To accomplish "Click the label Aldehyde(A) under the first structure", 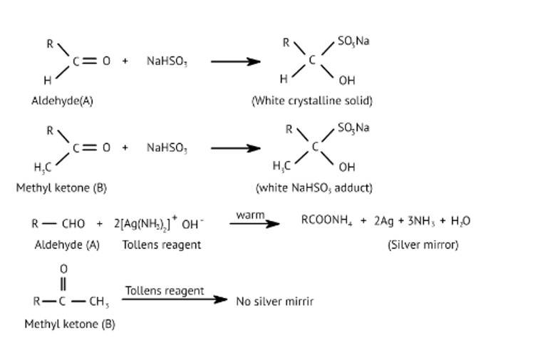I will pos(62,101).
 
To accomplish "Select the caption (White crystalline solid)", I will pos(311,101).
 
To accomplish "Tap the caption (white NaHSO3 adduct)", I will pos(314,188).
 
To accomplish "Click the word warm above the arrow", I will pos(250,214).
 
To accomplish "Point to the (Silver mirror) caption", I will pos(423,245).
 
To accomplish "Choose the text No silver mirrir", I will pos(274,301).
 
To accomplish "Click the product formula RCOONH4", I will pos(327,221).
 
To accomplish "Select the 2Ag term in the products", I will pos(385,221).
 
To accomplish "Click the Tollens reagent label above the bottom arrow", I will pos(165,291).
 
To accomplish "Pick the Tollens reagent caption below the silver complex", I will pos(161,245).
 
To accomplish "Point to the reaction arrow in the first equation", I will pos(235,62).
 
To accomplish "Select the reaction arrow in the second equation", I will pos(235,149).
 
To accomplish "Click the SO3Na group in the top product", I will pos(353,41).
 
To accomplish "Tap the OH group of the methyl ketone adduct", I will pos(347,168).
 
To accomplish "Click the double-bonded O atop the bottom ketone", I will pos(63,269).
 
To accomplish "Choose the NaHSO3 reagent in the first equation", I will pos(167,62).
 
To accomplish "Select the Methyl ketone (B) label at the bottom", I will pos(69,324).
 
